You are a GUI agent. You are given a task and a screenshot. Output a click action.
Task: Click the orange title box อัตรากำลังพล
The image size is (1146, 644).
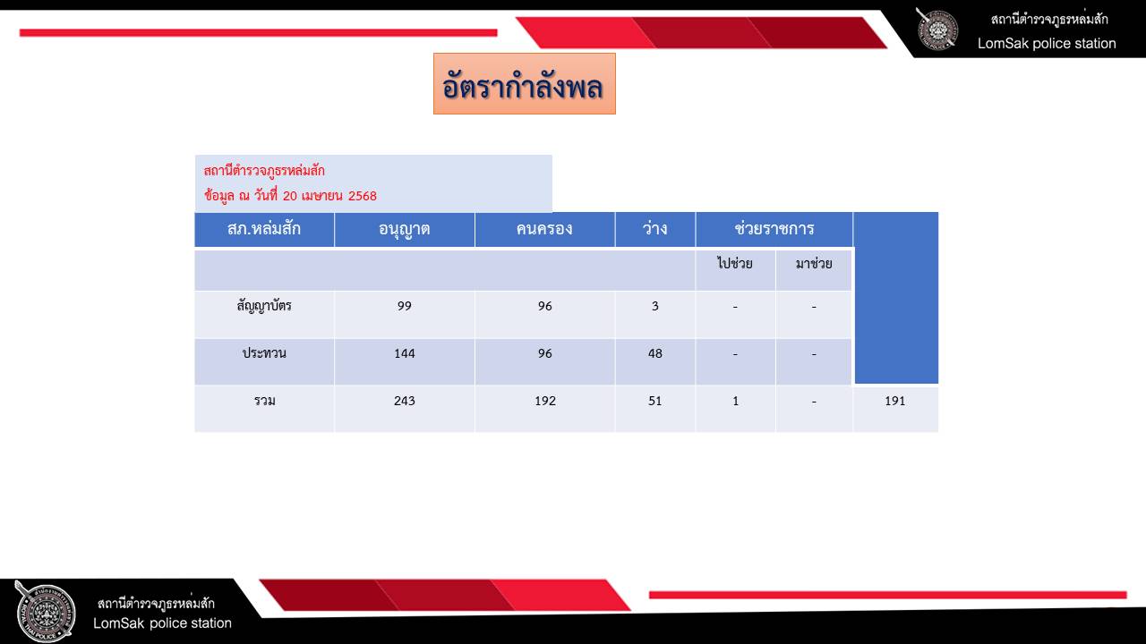[x=525, y=84]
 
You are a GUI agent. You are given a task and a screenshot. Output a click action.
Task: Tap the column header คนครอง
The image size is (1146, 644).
[x=544, y=228]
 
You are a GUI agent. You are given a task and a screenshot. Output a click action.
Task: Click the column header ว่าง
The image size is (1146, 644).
[x=654, y=228]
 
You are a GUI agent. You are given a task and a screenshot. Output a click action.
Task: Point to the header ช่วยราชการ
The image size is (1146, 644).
[x=774, y=228]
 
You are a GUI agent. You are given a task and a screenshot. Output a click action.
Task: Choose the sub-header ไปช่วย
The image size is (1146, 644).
[x=735, y=263]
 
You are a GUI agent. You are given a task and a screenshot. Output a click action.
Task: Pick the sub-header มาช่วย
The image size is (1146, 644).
[x=814, y=263]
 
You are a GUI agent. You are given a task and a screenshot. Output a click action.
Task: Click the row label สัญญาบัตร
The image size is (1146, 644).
[x=264, y=306]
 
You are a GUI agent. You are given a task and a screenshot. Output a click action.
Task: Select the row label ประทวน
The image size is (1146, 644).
[x=264, y=353]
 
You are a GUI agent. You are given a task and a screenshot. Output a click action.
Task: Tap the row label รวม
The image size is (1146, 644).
[x=264, y=401]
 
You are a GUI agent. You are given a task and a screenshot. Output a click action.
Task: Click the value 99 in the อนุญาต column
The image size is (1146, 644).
[x=404, y=306]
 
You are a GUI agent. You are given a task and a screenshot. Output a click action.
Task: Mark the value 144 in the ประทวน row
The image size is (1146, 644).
[x=404, y=353]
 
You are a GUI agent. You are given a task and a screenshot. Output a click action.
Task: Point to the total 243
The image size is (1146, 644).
[x=404, y=401]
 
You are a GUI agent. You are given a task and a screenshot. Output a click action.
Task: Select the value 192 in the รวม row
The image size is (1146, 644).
[x=545, y=401]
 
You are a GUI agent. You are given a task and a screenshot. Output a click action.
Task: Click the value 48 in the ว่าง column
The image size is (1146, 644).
[x=654, y=353]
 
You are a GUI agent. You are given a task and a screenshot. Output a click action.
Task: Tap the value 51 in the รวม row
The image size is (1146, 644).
[x=654, y=401]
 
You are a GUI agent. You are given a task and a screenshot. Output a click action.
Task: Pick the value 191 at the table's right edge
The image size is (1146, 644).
[x=894, y=401]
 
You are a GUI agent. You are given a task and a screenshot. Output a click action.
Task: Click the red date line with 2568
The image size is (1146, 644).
[x=290, y=195]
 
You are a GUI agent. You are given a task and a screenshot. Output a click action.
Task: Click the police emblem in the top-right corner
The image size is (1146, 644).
[x=936, y=30]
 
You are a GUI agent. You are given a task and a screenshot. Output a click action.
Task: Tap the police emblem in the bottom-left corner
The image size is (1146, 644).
[x=45, y=612]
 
